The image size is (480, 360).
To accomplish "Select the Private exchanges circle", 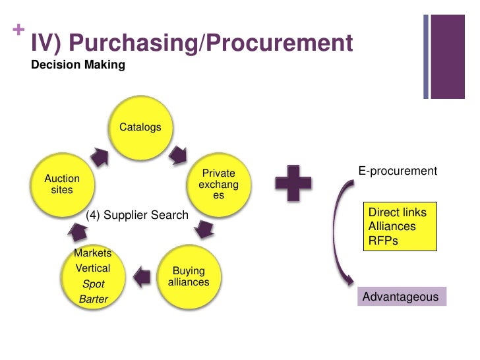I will point(218,185).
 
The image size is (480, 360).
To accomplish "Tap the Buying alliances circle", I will point(189,276).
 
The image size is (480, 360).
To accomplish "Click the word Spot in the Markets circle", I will point(93,284).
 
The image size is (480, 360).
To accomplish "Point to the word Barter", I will point(93,299).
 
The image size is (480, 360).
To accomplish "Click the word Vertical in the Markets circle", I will point(93,269).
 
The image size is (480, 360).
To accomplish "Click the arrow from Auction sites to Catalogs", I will point(100,156).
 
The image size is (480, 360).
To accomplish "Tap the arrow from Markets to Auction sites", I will point(78,231).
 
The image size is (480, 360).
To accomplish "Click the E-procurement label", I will point(398,171).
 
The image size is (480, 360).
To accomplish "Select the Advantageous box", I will point(401,297).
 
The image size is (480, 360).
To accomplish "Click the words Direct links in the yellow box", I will point(398,212).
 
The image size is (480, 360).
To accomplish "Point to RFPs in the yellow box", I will point(383,241).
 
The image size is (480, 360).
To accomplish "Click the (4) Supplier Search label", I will point(137,215).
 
